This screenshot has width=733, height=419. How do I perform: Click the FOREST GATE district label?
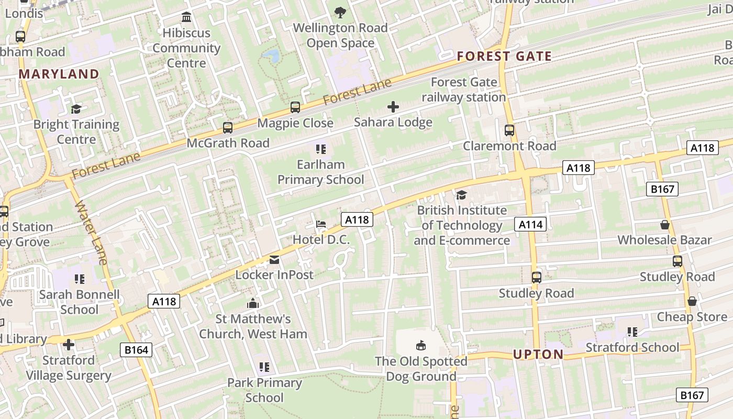504,57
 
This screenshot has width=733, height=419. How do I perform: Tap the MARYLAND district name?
59,74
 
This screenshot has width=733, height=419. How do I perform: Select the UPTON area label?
538,355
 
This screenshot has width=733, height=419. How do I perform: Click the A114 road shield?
530,225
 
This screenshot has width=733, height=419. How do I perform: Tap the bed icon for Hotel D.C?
321,224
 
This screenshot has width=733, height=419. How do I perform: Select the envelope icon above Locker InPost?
274,260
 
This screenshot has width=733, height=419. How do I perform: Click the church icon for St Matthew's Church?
253,303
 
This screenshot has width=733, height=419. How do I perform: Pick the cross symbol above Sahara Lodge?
393,107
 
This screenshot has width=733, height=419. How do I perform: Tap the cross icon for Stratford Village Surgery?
69,345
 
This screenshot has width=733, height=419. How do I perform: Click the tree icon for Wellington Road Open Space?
340,12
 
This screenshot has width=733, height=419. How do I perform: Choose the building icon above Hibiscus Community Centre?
186,17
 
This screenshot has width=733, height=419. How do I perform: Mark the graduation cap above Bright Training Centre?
76,109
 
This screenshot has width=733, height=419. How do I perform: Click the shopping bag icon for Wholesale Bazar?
665,225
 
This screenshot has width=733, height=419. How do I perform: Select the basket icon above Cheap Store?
692,301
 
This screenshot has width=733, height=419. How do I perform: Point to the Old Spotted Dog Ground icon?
421,346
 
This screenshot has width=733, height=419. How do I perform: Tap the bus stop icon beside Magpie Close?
295,107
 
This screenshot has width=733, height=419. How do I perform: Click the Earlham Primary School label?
320,172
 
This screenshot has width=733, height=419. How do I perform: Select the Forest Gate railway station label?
464,90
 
